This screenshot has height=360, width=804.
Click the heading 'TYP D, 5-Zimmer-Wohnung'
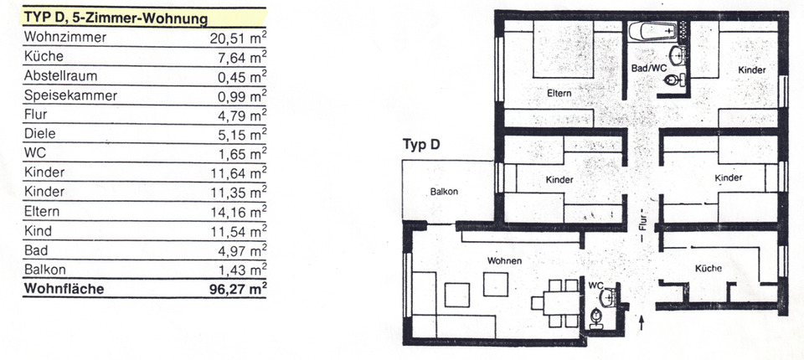(116, 18)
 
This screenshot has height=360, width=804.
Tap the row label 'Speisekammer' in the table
(70, 95)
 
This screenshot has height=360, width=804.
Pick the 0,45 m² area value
(241, 76)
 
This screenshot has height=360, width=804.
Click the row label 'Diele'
(41, 134)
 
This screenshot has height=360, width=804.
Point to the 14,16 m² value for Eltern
(238, 211)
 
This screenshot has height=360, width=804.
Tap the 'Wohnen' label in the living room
(504, 261)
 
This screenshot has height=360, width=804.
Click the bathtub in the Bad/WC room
(653, 32)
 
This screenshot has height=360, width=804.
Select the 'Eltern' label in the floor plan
(559, 93)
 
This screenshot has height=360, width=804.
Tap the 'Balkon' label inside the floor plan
(444, 192)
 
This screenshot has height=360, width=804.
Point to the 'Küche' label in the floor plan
(708, 268)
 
